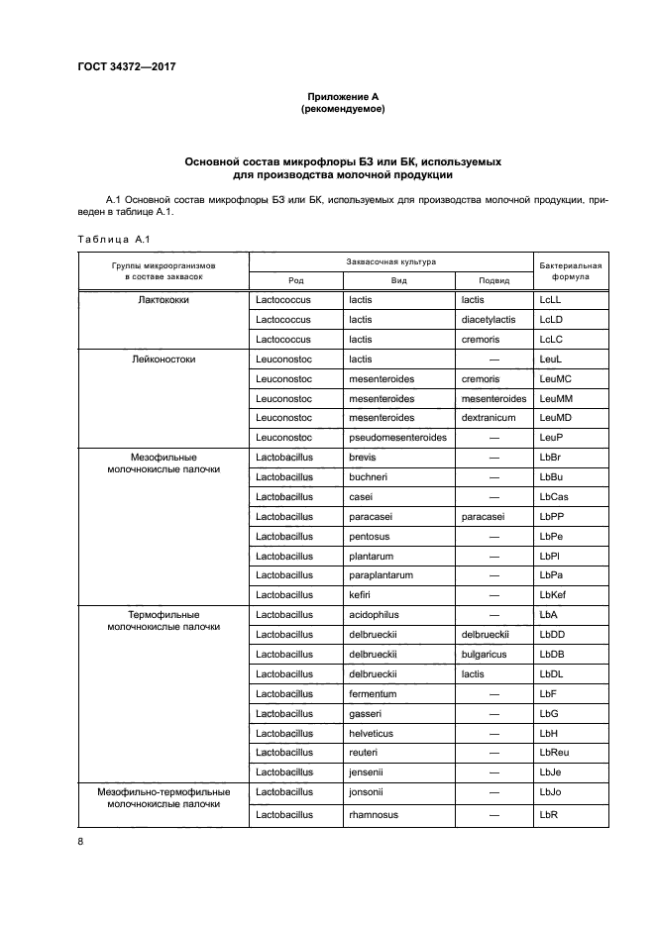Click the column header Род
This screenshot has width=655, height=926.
pos(296,280)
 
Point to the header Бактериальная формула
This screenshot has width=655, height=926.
pos(570,271)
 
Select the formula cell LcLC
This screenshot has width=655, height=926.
pos(551,340)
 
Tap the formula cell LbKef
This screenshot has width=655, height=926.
pos(554,594)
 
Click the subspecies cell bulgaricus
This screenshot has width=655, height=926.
pos(485,654)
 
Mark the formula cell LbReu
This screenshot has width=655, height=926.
pos(555,753)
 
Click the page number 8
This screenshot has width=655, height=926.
pos(81,842)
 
